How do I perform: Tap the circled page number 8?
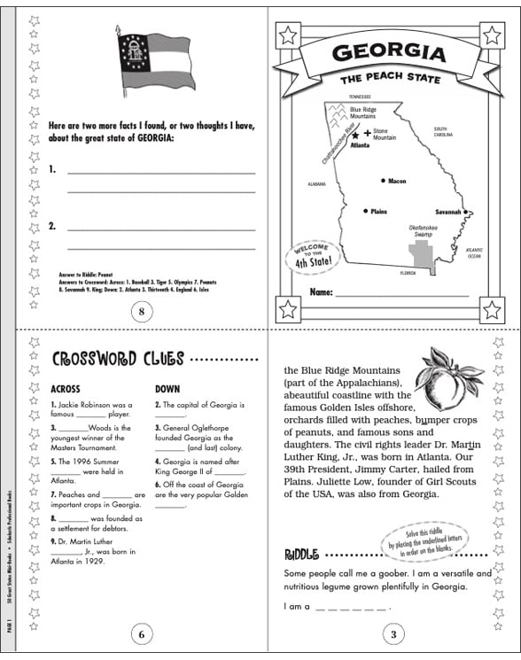click(141, 310)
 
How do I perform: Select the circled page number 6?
click(141, 633)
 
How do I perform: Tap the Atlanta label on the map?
click(360, 144)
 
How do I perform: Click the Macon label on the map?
click(396, 181)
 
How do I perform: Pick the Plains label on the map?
click(378, 212)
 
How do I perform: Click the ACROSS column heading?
click(66, 388)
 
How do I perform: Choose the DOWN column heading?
click(167, 388)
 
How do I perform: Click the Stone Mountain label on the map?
click(384, 135)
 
